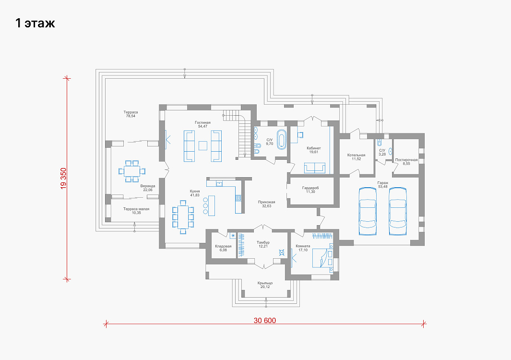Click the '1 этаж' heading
[35, 23]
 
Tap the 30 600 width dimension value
[265, 321]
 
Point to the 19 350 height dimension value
[63, 179]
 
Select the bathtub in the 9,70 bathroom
[281, 140]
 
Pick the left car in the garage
[368, 211]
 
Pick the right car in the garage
[398, 211]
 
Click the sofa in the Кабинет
[314, 168]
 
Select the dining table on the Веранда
[131, 171]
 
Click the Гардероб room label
[310, 188]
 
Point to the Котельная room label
[356, 155]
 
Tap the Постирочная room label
[406, 160]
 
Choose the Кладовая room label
[223, 246]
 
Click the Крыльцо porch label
[265, 283]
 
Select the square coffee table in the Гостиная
[202, 145]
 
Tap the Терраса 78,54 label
[131, 114]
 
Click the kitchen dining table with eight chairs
[183, 217]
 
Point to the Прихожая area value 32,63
[267, 206]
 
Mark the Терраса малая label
[136, 209]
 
